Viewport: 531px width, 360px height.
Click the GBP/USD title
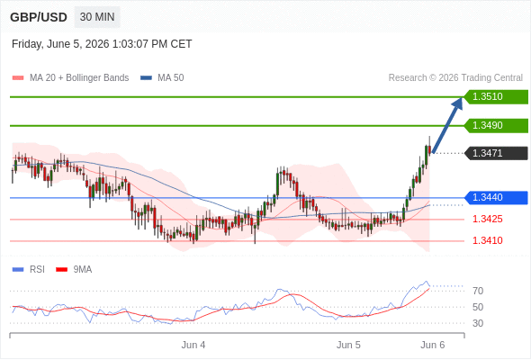[x=39, y=17]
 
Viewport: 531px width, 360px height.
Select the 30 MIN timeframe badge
[x=97, y=17]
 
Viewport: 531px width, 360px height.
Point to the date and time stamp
[x=102, y=44]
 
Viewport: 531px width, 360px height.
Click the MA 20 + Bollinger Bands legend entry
[x=70, y=78]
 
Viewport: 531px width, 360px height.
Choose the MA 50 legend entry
[x=162, y=78]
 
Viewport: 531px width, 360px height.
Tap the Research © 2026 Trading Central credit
[x=455, y=78]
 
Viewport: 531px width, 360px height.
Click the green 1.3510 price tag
[x=496, y=97]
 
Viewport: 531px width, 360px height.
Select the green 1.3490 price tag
[x=496, y=126]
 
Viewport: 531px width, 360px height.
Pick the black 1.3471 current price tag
[x=496, y=153]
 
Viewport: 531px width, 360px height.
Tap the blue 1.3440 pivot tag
[x=496, y=198]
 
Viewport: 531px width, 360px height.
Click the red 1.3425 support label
[x=487, y=219]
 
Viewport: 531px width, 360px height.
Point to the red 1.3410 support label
[x=487, y=241]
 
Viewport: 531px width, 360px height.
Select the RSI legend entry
[x=29, y=270]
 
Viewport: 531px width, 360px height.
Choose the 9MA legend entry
[x=74, y=270]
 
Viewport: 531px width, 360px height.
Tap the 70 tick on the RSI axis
[x=478, y=291]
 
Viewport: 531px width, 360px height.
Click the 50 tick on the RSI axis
[x=478, y=307]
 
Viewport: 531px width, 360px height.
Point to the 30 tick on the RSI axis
[x=478, y=323]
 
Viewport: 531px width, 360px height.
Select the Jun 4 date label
[x=193, y=345]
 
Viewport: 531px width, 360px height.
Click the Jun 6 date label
[x=433, y=345]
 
